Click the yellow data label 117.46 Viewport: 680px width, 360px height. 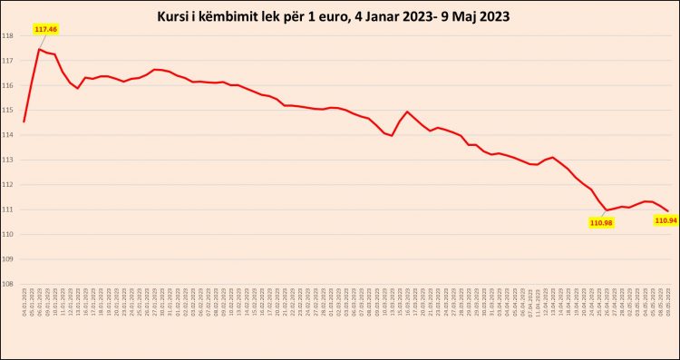click(x=45, y=29)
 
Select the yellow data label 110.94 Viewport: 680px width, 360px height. click(x=665, y=220)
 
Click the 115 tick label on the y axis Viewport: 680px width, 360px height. click(x=7, y=110)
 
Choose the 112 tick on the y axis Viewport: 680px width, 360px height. click(x=7, y=184)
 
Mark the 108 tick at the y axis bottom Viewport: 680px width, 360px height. click(x=7, y=284)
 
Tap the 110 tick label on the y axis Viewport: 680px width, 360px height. click(x=7, y=234)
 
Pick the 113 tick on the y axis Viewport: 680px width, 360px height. click(x=7, y=160)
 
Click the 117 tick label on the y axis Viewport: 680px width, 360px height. click(x=7, y=61)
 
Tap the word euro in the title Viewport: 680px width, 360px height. click(x=328, y=17)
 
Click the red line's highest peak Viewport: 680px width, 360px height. click(x=39, y=49)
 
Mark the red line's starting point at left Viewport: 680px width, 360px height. click(x=24, y=122)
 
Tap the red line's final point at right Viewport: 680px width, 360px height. click(x=667, y=211)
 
